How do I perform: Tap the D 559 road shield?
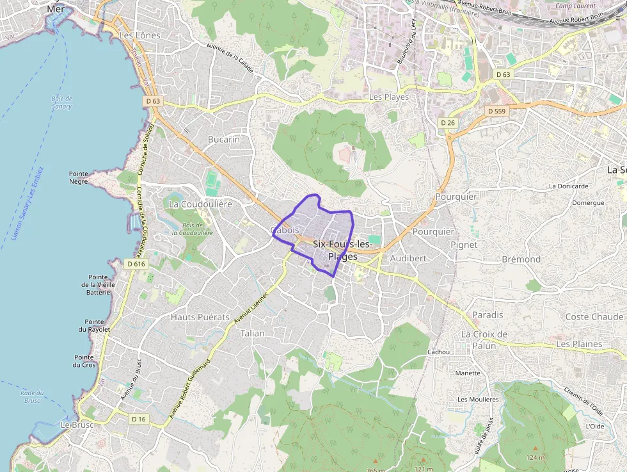click(x=496, y=111)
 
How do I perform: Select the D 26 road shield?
click(x=448, y=122)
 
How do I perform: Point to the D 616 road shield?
click(x=136, y=264)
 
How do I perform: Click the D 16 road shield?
click(x=139, y=419)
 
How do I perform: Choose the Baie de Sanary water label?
click(x=62, y=102)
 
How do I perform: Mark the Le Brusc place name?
click(x=77, y=425)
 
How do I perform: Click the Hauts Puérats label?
click(x=200, y=317)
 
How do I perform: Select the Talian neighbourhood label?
click(x=252, y=334)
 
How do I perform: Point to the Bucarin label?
click(x=224, y=139)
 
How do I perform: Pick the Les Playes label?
click(x=389, y=97)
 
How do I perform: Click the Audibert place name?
click(x=408, y=258)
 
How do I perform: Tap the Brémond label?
click(x=521, y=259)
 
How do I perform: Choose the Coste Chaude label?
click(x=594, y=317)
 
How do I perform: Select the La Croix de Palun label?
click(x=484, y=340)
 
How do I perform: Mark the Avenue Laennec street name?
click(x=250, y=305)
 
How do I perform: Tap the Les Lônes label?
click(x=139, y=36)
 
